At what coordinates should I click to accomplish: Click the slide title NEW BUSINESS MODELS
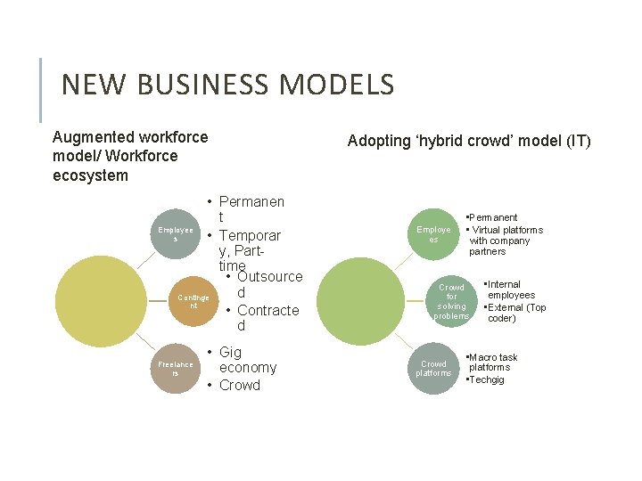227,86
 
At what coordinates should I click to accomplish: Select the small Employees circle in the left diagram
176,234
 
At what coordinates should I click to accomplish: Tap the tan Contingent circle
193,300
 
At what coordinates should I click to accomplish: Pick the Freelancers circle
176,367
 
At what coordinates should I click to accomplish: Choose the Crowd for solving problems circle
451,301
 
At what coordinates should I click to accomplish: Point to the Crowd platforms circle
433,367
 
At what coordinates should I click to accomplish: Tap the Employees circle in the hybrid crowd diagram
433,234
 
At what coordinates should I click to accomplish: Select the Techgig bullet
487,379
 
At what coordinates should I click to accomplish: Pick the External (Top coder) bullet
515,313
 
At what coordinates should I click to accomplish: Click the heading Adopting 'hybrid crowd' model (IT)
469,141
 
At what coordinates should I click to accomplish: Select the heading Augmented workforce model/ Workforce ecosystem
130,156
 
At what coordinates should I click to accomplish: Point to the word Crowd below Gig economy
239,385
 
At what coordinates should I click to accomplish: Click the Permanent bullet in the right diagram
493,217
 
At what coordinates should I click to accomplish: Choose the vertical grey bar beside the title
41,90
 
